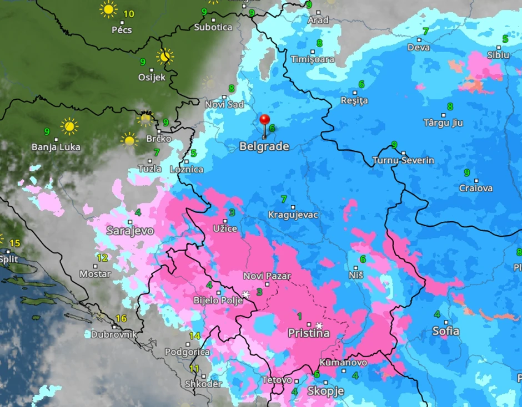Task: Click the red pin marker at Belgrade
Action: tap(265, 120)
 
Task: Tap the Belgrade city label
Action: tap(264, 146)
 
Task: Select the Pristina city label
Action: tap(308, 333)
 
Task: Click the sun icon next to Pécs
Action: tap(108, 9)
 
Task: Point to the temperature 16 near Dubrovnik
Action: tap(121, 319)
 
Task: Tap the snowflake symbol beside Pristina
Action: tap(319, 325)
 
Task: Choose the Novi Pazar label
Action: tap(267, 276)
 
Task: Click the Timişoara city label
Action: tap(313, 59)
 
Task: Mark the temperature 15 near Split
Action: tap(14, 243)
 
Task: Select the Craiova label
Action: tap(476, 188)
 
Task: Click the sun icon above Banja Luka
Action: tap(69, 126)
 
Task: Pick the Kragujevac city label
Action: tap(293, 215)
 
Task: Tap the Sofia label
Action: tap(446, 331)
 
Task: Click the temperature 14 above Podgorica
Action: tap(194, 336)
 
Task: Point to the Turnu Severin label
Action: tap(403, 160)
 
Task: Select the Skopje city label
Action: tap(325, 391)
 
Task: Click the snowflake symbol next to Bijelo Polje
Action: tap(246, 294)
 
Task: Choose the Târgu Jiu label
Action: tap(443, 123)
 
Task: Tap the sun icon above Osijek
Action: tap(165, 56)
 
